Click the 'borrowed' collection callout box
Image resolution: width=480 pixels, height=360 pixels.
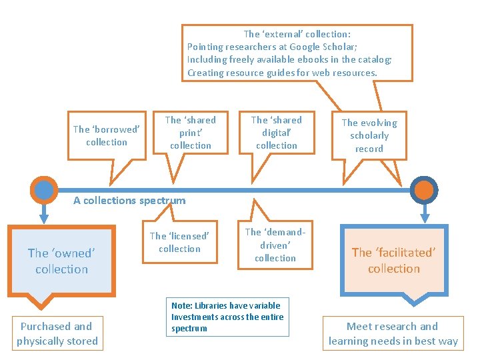coord(107,135)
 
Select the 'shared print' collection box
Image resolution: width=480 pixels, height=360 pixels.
coord(191,133)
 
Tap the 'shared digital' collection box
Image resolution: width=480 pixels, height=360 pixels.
coord(277,133)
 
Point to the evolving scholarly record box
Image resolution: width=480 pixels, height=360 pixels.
coord(369,135)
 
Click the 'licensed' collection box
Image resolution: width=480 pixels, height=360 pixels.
coord(179,243)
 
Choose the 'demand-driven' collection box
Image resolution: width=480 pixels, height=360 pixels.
coord(275,245)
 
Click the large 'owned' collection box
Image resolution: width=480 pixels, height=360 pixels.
coord(62,261)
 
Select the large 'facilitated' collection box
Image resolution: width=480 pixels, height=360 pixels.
coord(394,261)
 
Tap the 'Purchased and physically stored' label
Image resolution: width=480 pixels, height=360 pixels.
coord(57,333)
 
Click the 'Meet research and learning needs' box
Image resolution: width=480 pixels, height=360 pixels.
coord(393,333)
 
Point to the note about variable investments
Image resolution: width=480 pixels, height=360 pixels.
coord(227,317)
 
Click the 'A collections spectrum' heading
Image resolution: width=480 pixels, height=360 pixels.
coord(129,200)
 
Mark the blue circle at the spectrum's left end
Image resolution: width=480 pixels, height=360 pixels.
coord(44,189)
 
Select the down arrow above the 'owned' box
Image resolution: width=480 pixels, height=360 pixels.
coord(44,215)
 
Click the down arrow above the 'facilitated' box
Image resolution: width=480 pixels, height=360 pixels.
coord(424,215)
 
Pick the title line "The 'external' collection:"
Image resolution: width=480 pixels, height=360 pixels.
coord(297,33)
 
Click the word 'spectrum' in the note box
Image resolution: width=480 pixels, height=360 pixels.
coord(189,328)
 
